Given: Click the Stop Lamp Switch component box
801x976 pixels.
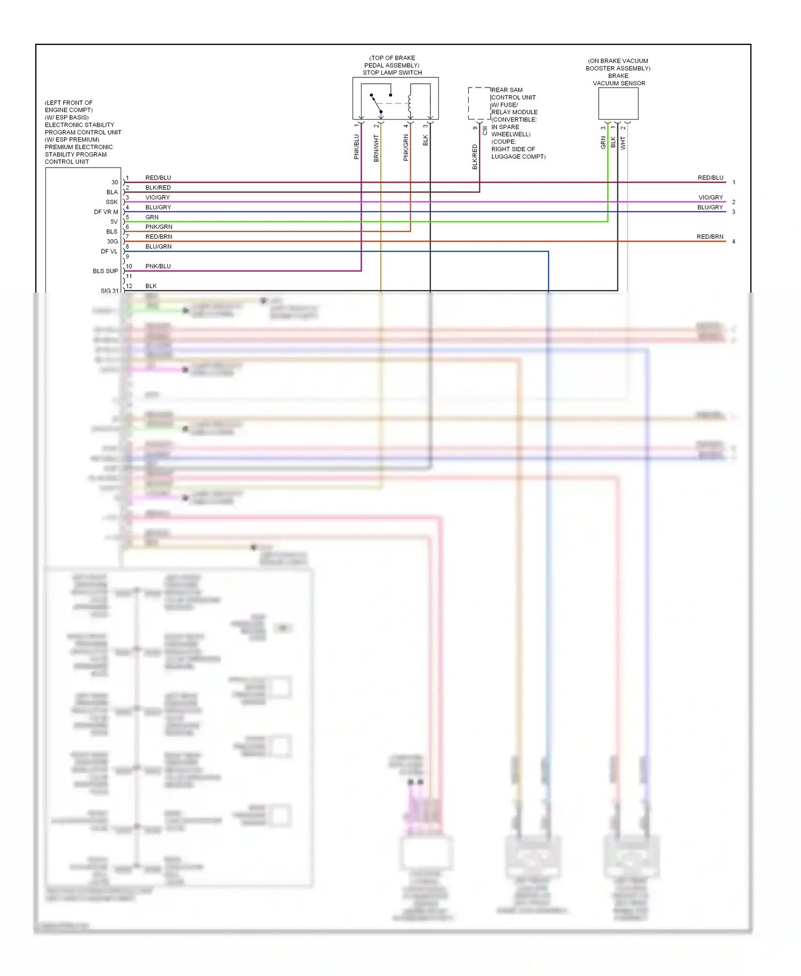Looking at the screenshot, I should tap(395, 98).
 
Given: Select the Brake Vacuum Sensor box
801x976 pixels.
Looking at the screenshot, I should tap(618, 103).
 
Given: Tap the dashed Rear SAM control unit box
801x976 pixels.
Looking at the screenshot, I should tap(478, 103).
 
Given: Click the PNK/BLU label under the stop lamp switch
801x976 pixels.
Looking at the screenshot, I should tap(356, 147).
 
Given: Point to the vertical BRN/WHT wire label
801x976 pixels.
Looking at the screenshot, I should tap(376, 148).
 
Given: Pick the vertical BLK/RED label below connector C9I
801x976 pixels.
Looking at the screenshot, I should tap(474, 157).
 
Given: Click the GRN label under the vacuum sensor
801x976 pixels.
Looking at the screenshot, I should tap(603, 143).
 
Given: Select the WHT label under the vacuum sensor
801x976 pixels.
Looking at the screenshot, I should tap(623, 143).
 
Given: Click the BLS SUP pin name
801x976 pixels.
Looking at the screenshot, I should tap(105, 271).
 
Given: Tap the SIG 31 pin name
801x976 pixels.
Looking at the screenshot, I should tap(109, 291).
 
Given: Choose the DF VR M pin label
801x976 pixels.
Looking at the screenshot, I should tap(106, 212).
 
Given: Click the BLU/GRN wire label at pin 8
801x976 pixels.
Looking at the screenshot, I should tap(158, 247).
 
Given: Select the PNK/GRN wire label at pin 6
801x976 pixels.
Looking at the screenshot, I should tap(159, 227).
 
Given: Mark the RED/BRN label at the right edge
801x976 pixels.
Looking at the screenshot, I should tap(710, 237).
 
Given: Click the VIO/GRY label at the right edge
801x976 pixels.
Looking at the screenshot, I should tap(710, 198).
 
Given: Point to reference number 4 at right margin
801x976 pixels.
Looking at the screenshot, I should tap(733, 242).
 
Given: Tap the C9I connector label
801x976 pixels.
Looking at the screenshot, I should tap(484, 130).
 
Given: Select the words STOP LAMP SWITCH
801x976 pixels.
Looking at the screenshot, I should tap(392, 73).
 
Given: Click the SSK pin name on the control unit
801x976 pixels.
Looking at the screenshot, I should tap(111, 202).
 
